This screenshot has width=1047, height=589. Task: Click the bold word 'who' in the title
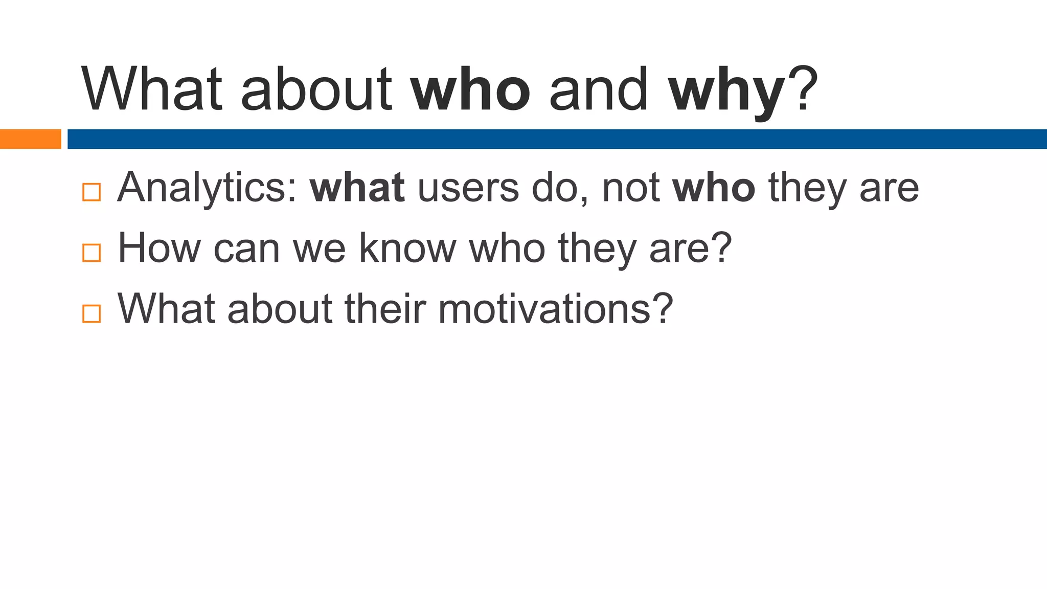pos(471,90)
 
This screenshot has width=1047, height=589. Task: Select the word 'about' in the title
pos(316,90)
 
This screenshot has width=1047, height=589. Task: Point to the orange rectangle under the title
pos(30,139)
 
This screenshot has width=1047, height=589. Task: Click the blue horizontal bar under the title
pos(557,139)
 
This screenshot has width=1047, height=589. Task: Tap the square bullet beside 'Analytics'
pos(92,192)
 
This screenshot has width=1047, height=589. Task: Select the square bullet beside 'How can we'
pos(92,253)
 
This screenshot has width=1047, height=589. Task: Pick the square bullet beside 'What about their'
pos(92,313)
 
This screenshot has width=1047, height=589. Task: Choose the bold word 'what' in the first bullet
pos(357,188)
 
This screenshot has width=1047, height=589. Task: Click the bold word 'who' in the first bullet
pos(714,188)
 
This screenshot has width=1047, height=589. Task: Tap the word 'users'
pos(468,188)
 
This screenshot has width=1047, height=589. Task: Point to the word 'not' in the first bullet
pos(631,188)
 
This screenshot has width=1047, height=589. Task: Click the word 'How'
pos(160,248)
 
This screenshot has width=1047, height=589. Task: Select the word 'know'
pos(407,248)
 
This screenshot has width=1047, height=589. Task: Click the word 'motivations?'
pos(556,309)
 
